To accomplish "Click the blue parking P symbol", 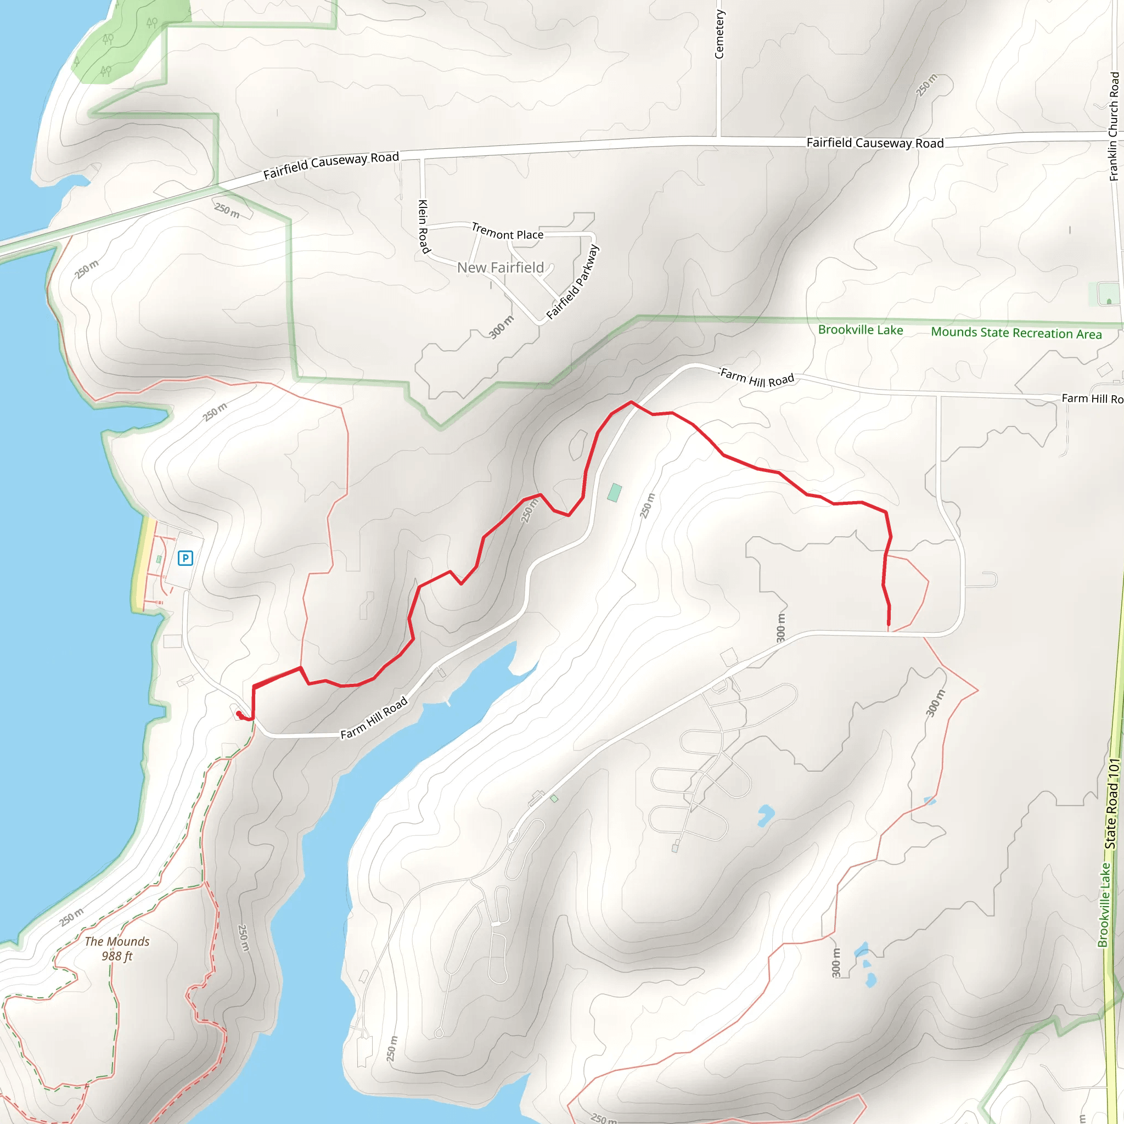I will point(185,559).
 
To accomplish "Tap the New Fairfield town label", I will point(501,268).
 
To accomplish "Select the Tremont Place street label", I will point(507,232).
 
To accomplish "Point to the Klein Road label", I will point(424,227).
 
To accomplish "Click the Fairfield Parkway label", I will point(572,283).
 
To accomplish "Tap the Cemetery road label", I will point(720,33).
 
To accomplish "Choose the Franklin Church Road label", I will point(1114,126).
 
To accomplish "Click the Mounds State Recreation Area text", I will point(1016,333).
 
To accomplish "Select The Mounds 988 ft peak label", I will point(117,948).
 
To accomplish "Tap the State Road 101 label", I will point(1112,803).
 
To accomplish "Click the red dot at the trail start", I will point(239,713).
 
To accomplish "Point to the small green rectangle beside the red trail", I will point(614,493).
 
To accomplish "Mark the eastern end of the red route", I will point(889,624).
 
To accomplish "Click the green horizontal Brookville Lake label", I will point(861,330).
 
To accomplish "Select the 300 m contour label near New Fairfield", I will point(501,327).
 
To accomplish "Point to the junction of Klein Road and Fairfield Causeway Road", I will point(423,156).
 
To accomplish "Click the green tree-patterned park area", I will point(128,41).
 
